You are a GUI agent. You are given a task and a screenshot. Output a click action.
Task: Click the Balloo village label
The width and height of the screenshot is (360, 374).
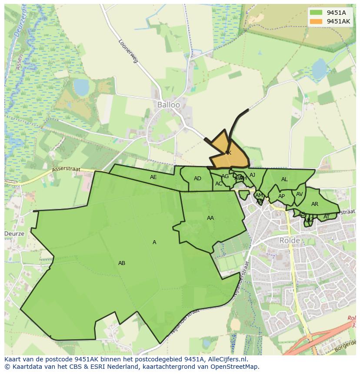[168, 105]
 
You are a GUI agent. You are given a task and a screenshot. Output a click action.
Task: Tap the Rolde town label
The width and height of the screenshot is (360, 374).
[290, 240]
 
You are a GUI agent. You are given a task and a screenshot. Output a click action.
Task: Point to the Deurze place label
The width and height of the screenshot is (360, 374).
[14, 233]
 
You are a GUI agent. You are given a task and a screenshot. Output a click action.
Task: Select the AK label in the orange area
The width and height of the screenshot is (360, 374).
[227, 153]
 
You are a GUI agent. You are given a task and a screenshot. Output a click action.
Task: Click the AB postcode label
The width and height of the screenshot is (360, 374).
[122, 263]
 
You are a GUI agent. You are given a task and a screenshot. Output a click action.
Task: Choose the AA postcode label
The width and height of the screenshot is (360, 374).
[210, 218]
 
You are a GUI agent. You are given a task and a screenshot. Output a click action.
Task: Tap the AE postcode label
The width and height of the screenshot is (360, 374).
[153, 177]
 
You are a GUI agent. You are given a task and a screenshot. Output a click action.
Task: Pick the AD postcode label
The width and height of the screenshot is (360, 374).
[197, 179]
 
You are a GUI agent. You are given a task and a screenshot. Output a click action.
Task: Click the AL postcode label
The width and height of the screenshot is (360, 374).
[284, 179]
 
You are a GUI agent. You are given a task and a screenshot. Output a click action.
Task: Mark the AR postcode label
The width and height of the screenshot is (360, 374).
[315, 204]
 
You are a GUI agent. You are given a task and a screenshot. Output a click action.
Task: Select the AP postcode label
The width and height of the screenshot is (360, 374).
[281, 196]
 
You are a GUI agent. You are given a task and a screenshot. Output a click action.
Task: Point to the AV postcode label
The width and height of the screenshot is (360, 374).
[299, 194]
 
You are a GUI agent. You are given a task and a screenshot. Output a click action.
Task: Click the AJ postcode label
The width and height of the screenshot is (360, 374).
[252, 175]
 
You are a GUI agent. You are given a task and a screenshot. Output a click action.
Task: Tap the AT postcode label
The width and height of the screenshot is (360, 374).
[327, 217]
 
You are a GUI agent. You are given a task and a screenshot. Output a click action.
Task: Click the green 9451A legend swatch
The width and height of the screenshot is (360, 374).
[316, 13]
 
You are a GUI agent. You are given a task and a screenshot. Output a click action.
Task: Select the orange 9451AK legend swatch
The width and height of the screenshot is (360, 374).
[316, 21]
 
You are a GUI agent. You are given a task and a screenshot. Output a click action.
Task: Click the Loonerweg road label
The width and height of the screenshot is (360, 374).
[128, 52]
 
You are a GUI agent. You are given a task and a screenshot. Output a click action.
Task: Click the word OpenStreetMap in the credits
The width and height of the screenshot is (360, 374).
[235, 367]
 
